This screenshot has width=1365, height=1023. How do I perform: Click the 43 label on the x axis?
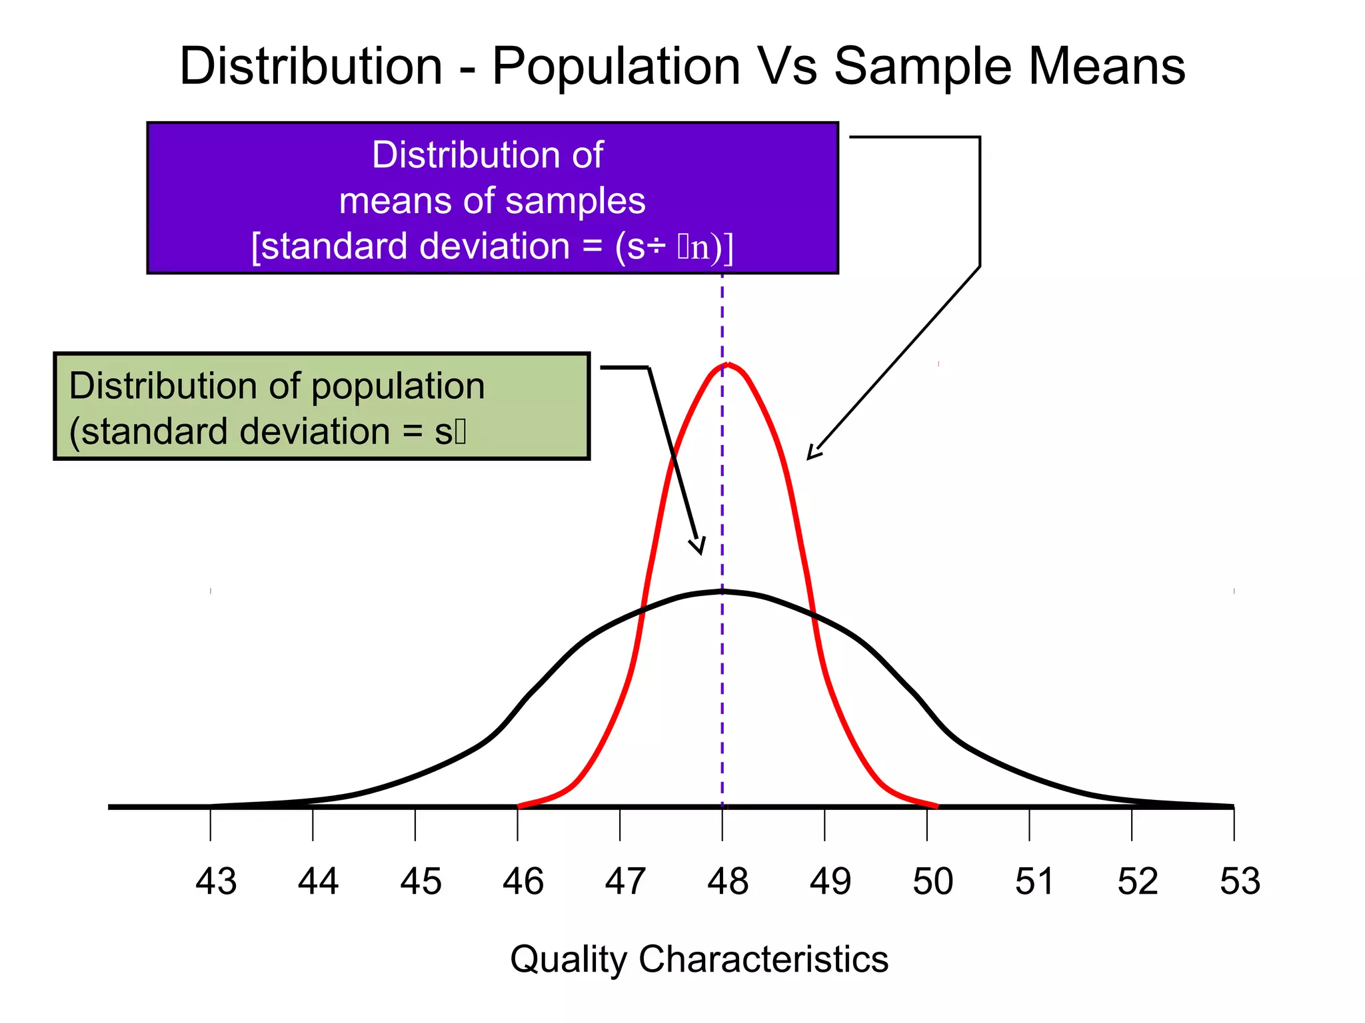click(x=216, y=881)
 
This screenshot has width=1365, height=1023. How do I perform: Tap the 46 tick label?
click(x=523, y=881)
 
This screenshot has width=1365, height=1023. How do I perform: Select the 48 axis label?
click(x=728, y=881)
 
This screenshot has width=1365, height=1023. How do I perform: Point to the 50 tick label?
click(x=932, y=881)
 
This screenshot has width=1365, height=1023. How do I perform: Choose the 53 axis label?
click(x=1240, y=881)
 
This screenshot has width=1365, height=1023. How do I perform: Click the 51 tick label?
click(x=1034, y=881)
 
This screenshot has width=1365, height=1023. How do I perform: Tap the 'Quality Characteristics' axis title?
click(x=699, y=959)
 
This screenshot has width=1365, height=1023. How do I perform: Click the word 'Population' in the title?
click(x=617, y=67)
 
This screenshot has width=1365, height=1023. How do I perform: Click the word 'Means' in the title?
click(x=1107, y=67)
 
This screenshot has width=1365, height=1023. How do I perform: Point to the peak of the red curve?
click(x=728, y=364)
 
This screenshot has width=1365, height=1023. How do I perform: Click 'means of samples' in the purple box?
click(x=493, y=200)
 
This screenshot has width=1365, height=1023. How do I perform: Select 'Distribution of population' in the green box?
click(x=277, y=386)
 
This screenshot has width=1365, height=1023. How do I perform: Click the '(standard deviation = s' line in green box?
click(x=267, y=432)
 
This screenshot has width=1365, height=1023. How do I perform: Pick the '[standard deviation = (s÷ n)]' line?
click(x=493, y=246)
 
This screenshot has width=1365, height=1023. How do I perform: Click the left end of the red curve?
click(x=519, y=807)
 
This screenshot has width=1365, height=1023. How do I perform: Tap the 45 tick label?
click(x=421, y=881)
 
